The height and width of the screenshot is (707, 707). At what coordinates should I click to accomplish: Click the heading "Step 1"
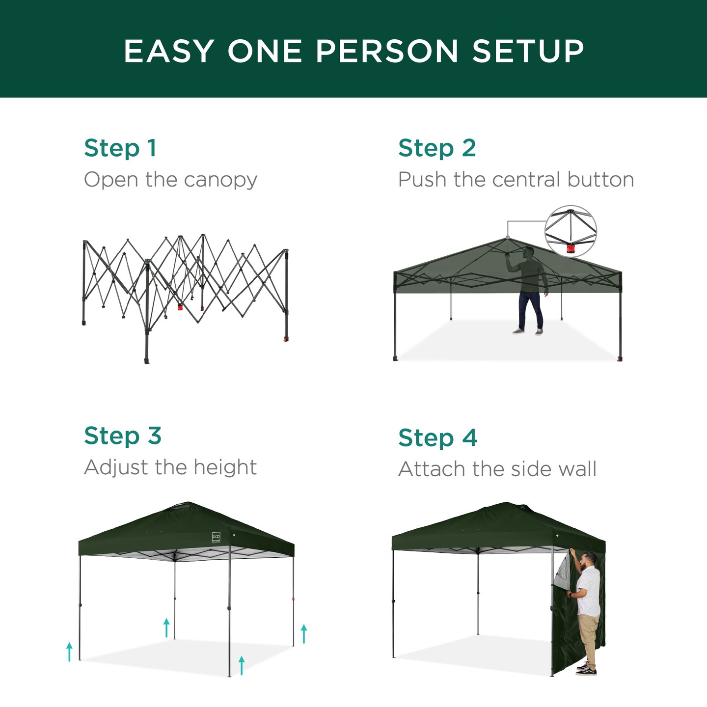click(x=120, y=148)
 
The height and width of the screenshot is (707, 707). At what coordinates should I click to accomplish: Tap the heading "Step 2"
click(x=437, y=148)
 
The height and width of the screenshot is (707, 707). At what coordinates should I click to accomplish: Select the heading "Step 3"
click(x=123, y=436)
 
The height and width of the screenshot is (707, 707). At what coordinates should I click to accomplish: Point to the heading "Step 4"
click(x=437, y=438)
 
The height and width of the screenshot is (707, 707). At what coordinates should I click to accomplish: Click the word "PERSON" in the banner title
click(x=387, y=51)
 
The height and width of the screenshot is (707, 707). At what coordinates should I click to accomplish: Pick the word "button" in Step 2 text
click(x=600, y=180)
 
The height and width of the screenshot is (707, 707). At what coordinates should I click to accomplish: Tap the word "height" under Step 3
click(x=225, y=467)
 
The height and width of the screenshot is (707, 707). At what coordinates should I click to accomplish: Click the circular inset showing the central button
click(x=571, y=231)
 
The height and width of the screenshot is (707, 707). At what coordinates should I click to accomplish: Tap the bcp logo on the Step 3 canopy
click(x=216, y=537)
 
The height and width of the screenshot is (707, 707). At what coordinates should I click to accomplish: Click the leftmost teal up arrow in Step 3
click(x=69, y=652)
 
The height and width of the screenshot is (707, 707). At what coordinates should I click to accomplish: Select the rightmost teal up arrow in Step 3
click(x=304, y=633)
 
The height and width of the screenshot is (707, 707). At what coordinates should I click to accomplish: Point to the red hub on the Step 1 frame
click(x=180, y=307)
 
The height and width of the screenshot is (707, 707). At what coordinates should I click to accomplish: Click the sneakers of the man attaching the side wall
click(x=586, y=669)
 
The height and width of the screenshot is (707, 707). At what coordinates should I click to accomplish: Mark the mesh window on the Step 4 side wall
click(x=562, y=572)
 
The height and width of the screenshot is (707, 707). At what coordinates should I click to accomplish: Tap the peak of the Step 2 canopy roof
click(x=507, y=238)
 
